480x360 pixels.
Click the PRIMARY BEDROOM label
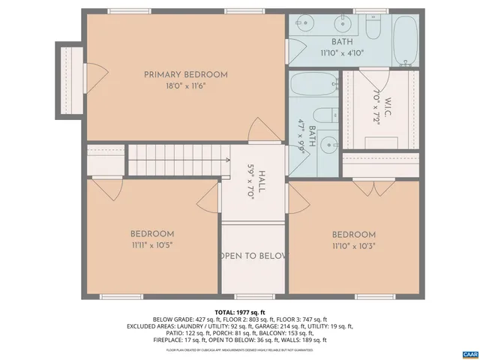point(186,74)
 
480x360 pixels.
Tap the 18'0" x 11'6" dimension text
point(186,86)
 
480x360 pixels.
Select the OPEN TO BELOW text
point(253,256)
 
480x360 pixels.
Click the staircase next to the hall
point(178,160)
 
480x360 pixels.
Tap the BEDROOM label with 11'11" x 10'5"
point(152,234)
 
